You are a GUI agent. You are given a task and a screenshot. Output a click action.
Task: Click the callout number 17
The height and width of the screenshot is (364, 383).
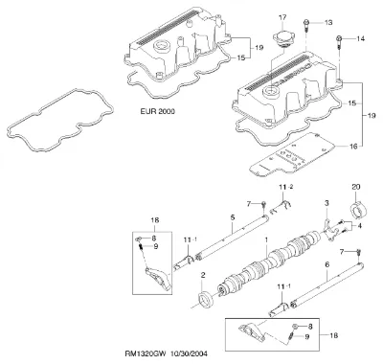pos(282,17)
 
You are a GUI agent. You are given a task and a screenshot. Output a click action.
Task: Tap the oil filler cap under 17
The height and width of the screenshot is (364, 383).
pos(283,38)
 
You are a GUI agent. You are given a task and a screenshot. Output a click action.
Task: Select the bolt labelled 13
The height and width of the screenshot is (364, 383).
pos(306,26)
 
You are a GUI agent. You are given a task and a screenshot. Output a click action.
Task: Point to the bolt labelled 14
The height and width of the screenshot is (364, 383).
pos(339,42)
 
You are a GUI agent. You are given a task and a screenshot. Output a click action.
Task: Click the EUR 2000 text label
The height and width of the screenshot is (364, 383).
pos(158,112)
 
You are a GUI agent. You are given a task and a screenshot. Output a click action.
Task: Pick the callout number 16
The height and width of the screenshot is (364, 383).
pos(353,147)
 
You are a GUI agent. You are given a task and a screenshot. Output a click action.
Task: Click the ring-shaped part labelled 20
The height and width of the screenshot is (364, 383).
pos(359,209)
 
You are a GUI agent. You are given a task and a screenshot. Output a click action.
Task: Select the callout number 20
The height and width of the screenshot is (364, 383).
pos(356,187)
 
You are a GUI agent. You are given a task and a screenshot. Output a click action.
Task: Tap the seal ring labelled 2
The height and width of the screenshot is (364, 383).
pos(206,299)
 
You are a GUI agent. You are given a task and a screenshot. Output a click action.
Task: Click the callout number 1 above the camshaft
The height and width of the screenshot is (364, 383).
pos(266,239)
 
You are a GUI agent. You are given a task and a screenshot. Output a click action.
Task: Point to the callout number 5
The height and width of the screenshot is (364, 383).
pos(233,217)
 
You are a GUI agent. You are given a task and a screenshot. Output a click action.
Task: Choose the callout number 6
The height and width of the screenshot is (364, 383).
pos(327,264)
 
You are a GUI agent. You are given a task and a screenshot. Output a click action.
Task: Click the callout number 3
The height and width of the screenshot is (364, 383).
pos(327,203)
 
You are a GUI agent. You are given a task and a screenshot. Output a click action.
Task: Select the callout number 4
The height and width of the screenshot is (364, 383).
pos(360,226)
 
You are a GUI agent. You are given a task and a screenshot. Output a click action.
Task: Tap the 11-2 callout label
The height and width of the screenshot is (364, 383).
pos(283,188)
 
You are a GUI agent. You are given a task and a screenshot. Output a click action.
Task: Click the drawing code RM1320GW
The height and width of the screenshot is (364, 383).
pos(146,353)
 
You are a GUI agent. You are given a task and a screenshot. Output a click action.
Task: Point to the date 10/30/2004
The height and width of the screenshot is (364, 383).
pos(190,353)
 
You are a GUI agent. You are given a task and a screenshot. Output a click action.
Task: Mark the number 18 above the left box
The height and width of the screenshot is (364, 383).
pos(155,220)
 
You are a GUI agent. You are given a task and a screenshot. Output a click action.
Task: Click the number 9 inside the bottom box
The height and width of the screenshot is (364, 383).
pos(307,337)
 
